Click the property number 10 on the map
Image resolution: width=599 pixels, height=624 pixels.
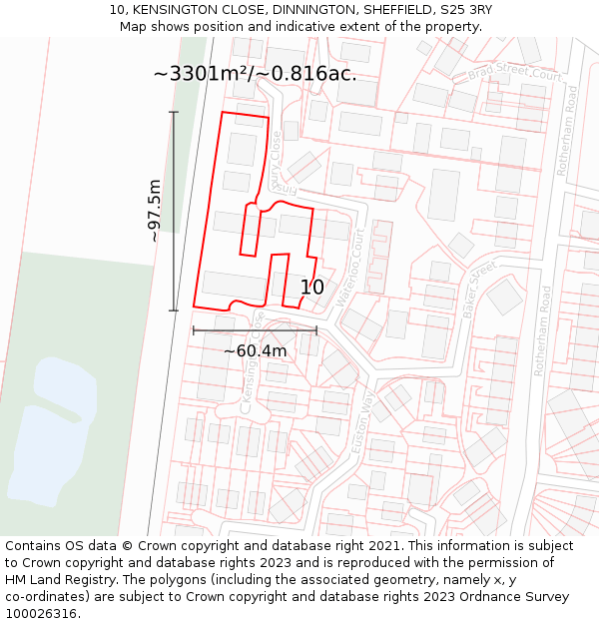pos(312,288)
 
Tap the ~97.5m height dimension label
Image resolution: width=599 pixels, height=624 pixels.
pos(155,211)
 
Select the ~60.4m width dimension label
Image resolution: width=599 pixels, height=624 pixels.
pos(255,350)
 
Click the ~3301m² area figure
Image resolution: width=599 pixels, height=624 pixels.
pos(203,74)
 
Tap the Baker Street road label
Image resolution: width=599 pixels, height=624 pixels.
pos(479,291)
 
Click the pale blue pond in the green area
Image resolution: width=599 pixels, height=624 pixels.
pos(50,429)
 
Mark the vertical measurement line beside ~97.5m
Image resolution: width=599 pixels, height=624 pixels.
pos(174,211)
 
